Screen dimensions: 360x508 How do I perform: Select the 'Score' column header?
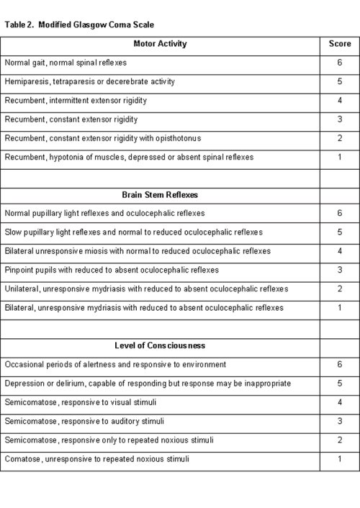click(x=339, y=44)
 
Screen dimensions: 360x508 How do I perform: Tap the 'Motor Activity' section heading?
click(x=160, y=44)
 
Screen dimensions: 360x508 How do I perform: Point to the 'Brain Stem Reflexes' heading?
click(x=160, y=194)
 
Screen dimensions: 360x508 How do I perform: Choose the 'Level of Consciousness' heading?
click(x=160, y=345)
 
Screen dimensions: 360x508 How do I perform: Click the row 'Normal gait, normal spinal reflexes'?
click(x=66, y=63)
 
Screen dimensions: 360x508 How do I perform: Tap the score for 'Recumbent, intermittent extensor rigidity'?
click(x=339, y=101)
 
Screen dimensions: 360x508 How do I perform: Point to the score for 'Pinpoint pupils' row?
click(x=339, y=270)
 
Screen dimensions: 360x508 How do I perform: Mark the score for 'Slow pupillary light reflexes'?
click(x=339, y=232)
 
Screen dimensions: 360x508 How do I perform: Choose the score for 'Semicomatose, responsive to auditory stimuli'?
click(x=339, y=421)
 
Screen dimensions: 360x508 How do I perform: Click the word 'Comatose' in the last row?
click(x=22, y=458)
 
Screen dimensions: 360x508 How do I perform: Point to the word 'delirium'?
click(x=67, y=384)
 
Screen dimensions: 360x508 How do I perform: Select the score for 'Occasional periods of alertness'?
click(x=339, y=365)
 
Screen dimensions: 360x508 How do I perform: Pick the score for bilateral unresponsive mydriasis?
click(x=339, y=307)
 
